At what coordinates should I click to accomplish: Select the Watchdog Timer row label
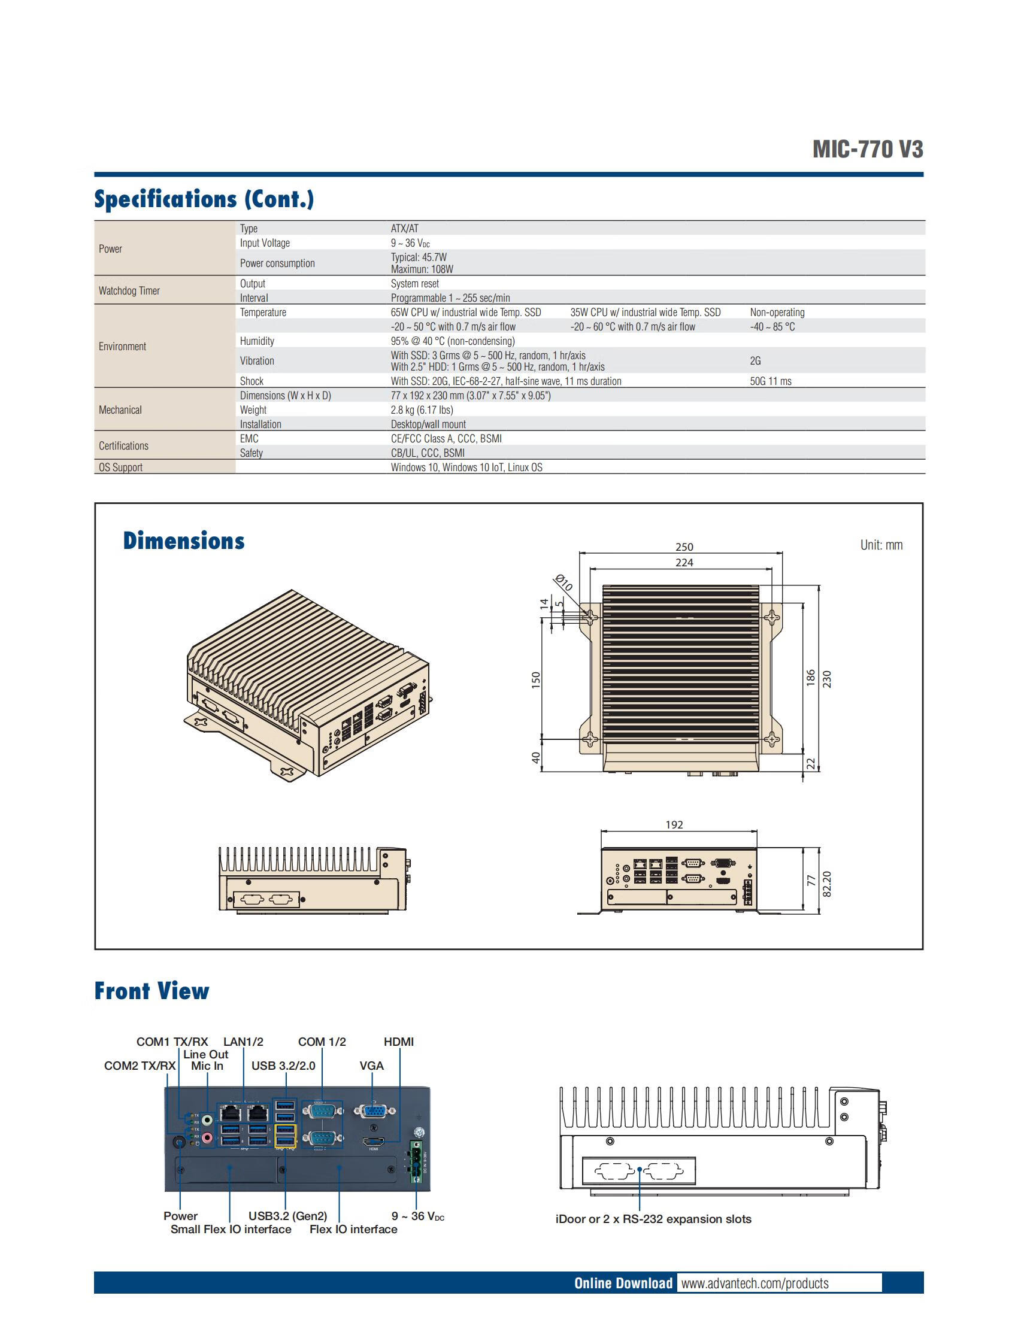click(x=129, y=291)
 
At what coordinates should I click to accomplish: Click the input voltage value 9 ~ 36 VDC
click(x=410, y=243)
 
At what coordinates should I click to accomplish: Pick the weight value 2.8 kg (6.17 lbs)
click(x=422, y=410)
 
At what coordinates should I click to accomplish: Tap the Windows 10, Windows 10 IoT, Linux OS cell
click(x=466, y=468)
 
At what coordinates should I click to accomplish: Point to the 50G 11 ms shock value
click(x=770, y=381)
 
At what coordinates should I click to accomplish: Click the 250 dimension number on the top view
click(x=684, y=547)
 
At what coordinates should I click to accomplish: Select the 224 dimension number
click(x=684, y=563)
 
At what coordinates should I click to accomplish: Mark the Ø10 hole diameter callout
click(x=563, y=583)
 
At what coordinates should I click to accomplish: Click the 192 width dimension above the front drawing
click(x=674, y=824)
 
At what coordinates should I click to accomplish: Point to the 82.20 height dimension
click(x=827, y=884)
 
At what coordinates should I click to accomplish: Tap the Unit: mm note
click(x=881, y=545)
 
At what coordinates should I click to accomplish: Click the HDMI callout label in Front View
click(x=399, y=1042)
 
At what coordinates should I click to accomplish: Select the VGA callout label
click(x=371, y=1066)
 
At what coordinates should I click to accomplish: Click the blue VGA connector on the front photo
click(x=374, y=1110)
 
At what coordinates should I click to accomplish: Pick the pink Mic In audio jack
click(x=207, y=1138)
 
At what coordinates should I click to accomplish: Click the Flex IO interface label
click(x=353, y=1229)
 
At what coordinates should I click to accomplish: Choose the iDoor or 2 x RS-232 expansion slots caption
click(x=653, y=1219)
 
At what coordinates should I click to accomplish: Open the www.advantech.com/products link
click(x=755, y=1283)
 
